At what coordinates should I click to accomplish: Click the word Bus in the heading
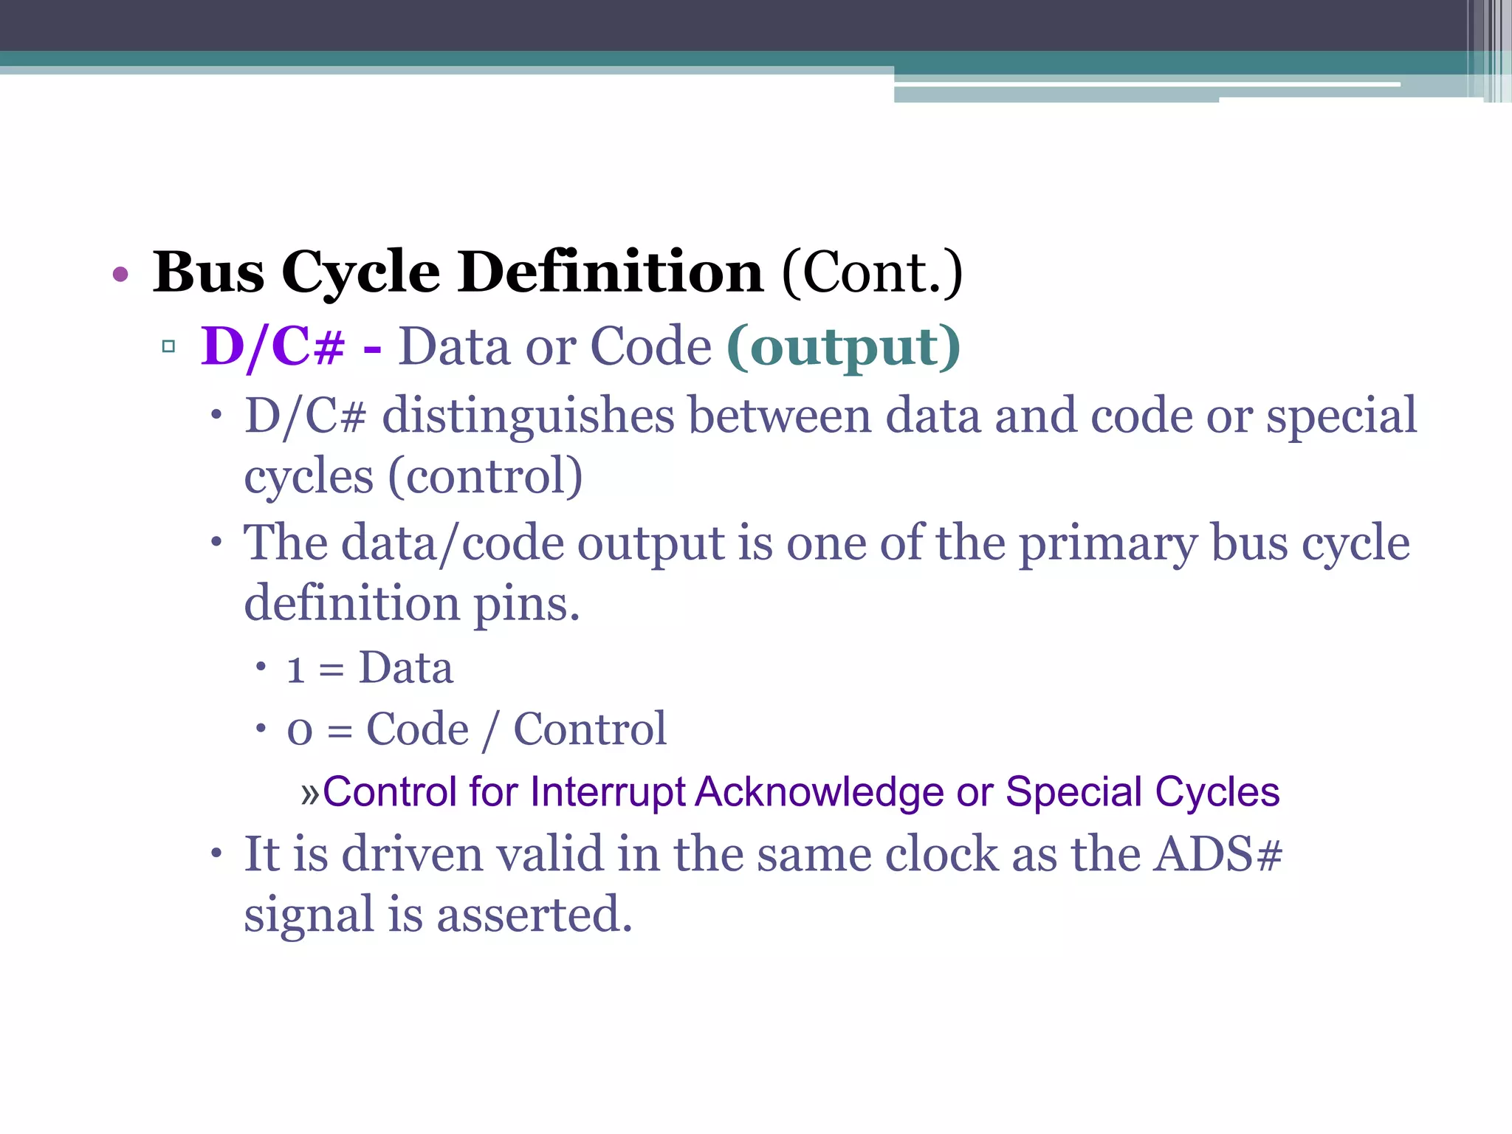point(208,273)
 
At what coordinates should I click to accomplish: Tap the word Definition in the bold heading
point(610,273)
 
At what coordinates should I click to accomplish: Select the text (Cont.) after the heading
point(872,273)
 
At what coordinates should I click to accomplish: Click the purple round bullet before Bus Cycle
point(120,275)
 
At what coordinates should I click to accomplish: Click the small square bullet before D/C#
point(168,347)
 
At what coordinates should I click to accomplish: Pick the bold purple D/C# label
point(272,346)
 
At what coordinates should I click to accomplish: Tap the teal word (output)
point(843,346)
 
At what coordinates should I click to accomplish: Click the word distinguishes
point(528,416)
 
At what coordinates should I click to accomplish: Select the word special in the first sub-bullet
point(1341,416)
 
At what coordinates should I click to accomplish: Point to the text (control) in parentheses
point(485,476)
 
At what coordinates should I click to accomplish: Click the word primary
point(1107,544)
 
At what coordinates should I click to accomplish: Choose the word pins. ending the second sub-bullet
point(526,605)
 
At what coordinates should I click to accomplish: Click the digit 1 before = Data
point(296,670)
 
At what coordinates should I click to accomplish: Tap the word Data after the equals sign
point(405,668)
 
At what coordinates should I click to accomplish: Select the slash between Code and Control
point(489,730)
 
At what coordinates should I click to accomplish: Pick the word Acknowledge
point(819,792)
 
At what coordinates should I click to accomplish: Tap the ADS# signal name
point(1218,855)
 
